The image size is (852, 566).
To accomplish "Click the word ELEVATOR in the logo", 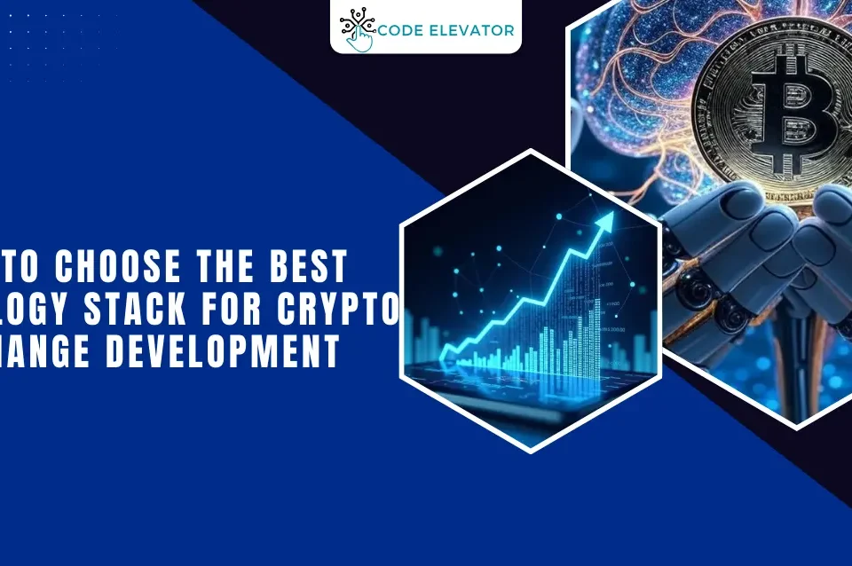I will tap(472, 30).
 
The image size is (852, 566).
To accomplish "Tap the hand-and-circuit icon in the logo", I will tap(357, 28).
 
